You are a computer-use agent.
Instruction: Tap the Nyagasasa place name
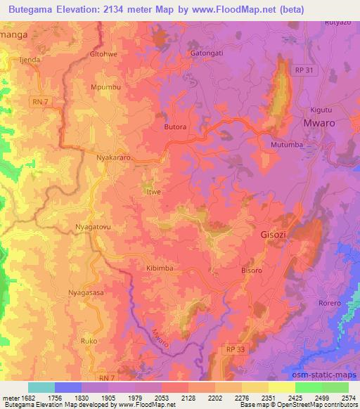86,293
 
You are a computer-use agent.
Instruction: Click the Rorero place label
330,304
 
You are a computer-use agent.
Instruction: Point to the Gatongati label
207,53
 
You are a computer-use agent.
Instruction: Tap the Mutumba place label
285,145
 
